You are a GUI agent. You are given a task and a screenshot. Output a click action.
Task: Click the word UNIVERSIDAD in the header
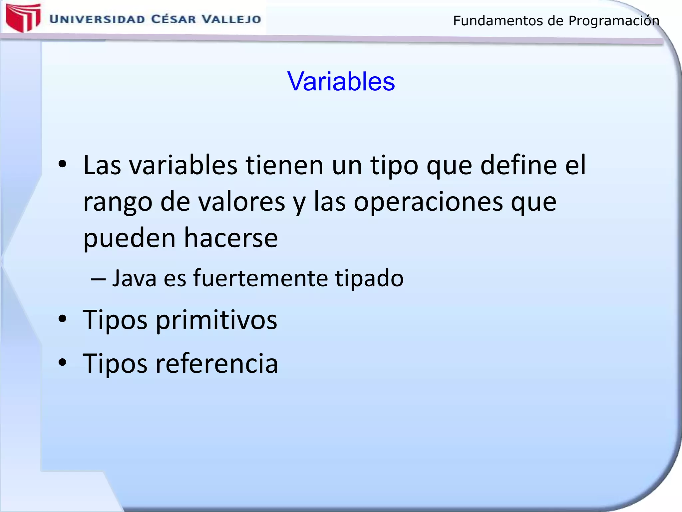pyautogui.click(x=97, y=19)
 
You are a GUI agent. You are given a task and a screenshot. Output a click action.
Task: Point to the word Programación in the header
pyautogui.click(x=613, y=21)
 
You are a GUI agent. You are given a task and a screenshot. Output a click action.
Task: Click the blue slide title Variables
pyautogui.click(x=341, y=81)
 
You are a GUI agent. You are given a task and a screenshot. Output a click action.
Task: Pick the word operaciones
pyautogui.click(x=428, y=202)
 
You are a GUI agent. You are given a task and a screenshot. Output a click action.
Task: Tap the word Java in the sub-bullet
pyautogui.click(x=134, y=278)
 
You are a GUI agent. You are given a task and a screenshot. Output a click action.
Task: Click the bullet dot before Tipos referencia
pyautogui.click(x=63, y=362)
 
